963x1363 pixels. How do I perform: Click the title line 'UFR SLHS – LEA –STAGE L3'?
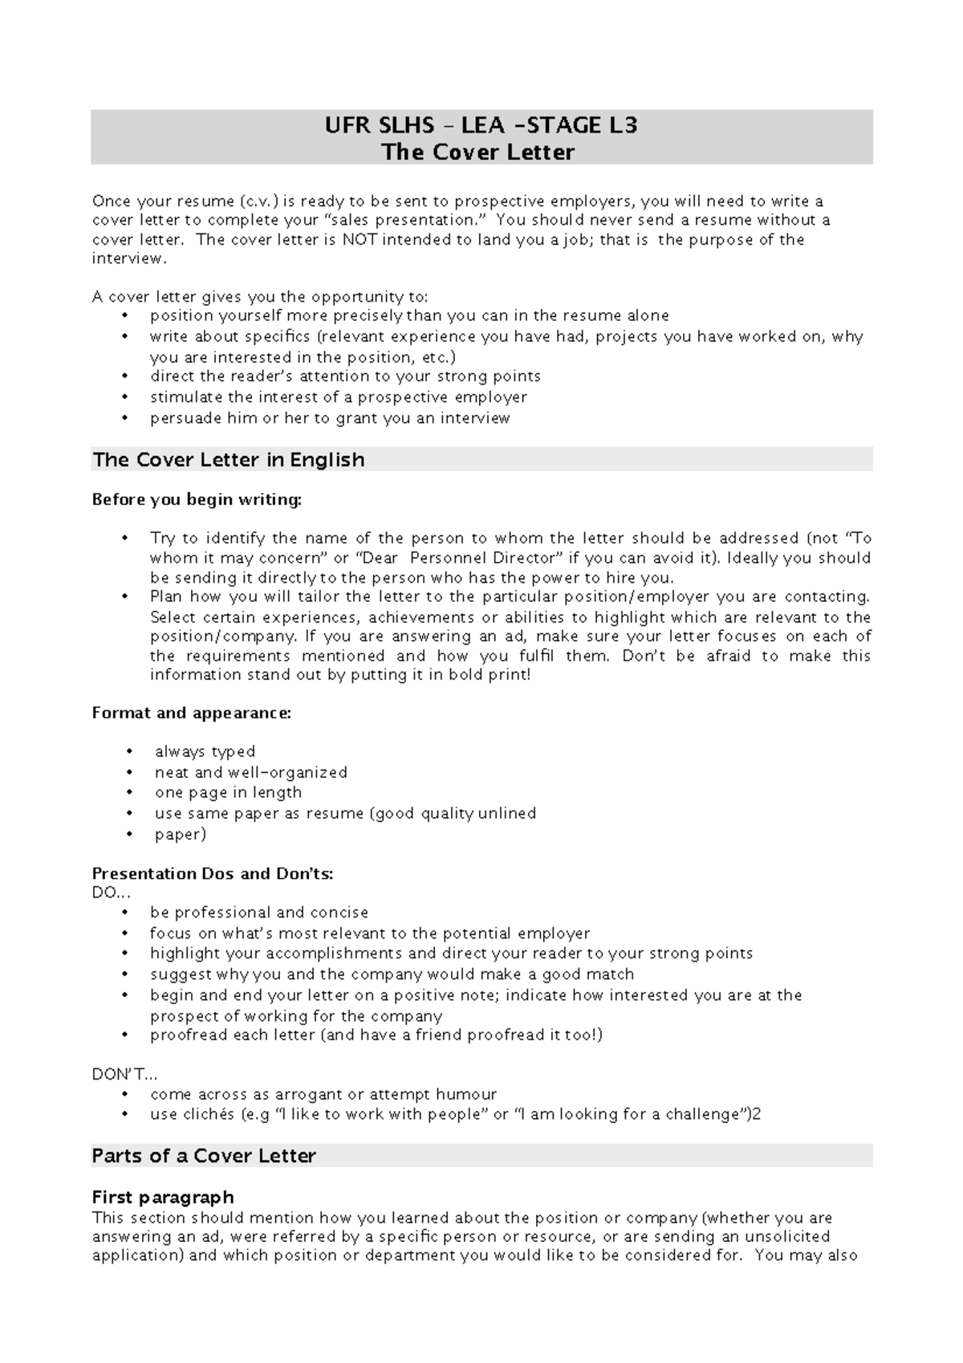[481, 125]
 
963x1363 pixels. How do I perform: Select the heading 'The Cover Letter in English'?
[228, 460]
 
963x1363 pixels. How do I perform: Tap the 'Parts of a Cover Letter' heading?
[204, 1156]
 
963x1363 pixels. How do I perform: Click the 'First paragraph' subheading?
[163, 1198]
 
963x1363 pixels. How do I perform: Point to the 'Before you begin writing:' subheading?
[197, 500]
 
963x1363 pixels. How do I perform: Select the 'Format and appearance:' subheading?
[191, 713]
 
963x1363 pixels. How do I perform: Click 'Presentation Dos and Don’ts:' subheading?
[213, 873]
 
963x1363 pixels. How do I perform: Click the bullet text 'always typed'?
[205, 752]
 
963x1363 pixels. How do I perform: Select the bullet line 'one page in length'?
[228, 792]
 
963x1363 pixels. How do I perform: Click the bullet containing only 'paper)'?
[181, 835]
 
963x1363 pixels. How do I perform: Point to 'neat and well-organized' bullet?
[250, 772]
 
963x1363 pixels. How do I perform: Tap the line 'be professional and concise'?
[258, 913]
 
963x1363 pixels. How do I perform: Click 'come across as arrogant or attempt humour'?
[323, 1094]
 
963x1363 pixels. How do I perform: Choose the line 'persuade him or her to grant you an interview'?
[329, 418]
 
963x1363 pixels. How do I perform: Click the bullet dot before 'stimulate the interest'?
[124, 397]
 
